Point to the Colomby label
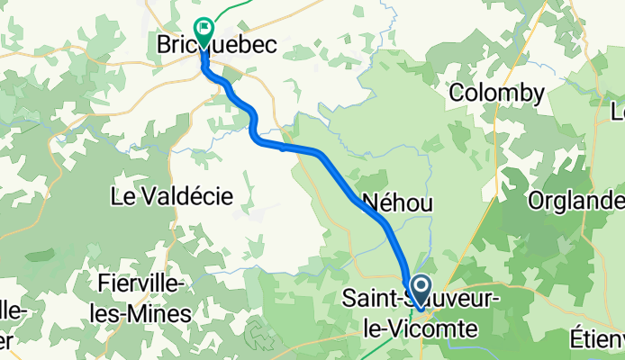point(497,93)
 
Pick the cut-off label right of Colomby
point(618,112)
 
